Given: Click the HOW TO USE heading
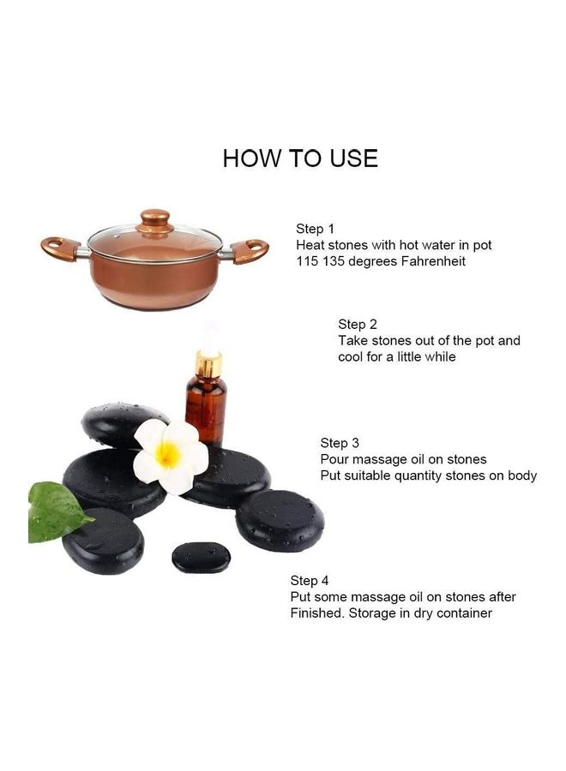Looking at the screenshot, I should (x=299, y=158).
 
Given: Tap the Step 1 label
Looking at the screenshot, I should (x=315, y=229).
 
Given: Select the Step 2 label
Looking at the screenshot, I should (x=357, y=324).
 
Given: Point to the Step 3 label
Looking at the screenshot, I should (x=339, y=443).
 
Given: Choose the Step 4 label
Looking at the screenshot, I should (x=310, y=581).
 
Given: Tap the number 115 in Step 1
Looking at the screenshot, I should (x=308, y=261).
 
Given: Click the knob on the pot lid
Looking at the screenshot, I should (x=156, y=218).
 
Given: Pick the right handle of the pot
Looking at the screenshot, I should (x=250, y=251).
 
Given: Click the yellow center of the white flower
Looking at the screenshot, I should (x=168, y=455).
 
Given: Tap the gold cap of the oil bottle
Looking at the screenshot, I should (x=208, y=363).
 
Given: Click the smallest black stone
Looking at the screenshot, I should (x=201, y=558).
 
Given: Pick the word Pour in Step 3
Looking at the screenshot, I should (x=334, y=459).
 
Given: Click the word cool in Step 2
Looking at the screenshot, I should (x=353, y=356).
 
